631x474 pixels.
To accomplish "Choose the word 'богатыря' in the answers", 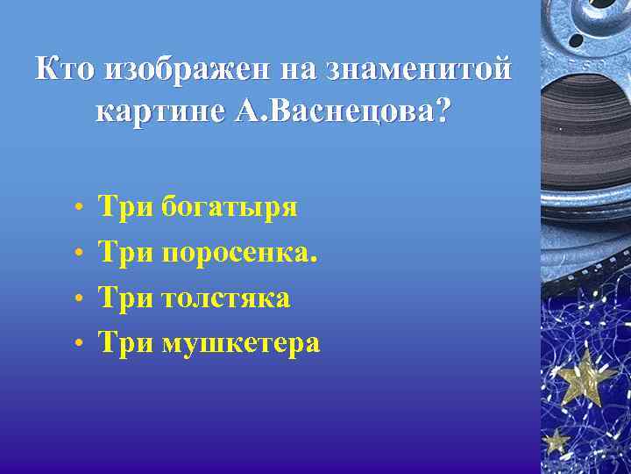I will tap(230, 208).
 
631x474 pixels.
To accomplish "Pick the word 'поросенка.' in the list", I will tap(239, 253).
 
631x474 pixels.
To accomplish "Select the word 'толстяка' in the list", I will tap(225, 298).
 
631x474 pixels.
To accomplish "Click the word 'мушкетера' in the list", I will tap(240, 342).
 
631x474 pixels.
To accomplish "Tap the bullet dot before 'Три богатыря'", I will tap(79, 210).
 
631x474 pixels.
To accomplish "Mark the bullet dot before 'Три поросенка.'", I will tap(79, 255).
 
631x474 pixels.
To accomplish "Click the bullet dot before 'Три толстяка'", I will tap(79, 299).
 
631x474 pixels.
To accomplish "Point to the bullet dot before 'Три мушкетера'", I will tap(79, 344).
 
